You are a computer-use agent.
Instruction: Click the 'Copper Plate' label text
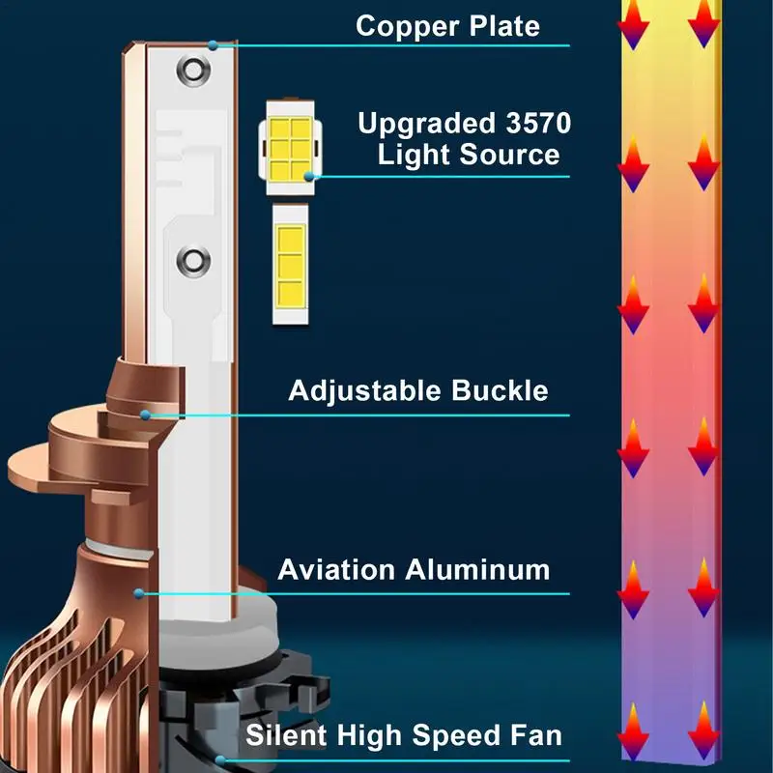click(x=447, y=25)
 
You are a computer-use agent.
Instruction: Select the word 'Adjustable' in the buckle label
click(x=365, y=390)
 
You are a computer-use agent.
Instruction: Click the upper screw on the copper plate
click(x=191, y=71)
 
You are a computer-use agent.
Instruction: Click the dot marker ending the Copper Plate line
click(x=213, y=44)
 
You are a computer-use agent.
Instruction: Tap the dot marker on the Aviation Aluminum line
click(x=138, y=592)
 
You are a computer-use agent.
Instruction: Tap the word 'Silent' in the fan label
click(x=287, y=734)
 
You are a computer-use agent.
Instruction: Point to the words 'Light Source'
click(x=469, y=155)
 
